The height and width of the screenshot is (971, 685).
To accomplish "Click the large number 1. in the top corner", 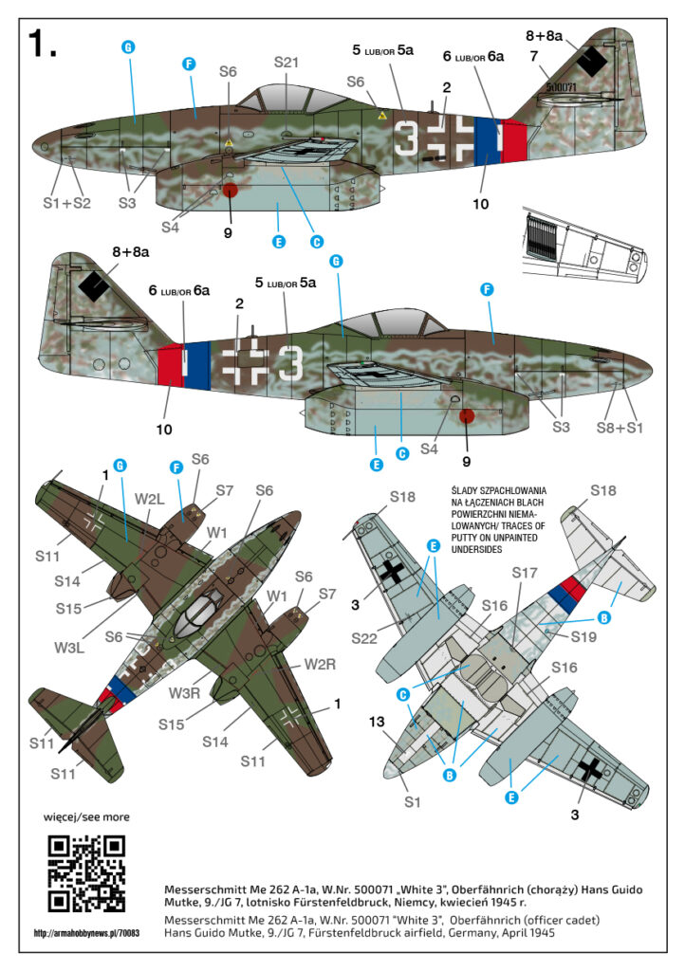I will click(42, 42).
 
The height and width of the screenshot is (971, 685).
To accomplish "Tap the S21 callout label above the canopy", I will click(287, 63).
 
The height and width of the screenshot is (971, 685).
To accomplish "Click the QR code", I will click(86, 873).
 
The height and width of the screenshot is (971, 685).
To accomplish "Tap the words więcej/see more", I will click(86, 816).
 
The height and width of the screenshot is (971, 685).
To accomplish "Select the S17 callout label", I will click(526, 573).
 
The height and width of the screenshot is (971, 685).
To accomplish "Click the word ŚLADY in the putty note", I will click(474, 489).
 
